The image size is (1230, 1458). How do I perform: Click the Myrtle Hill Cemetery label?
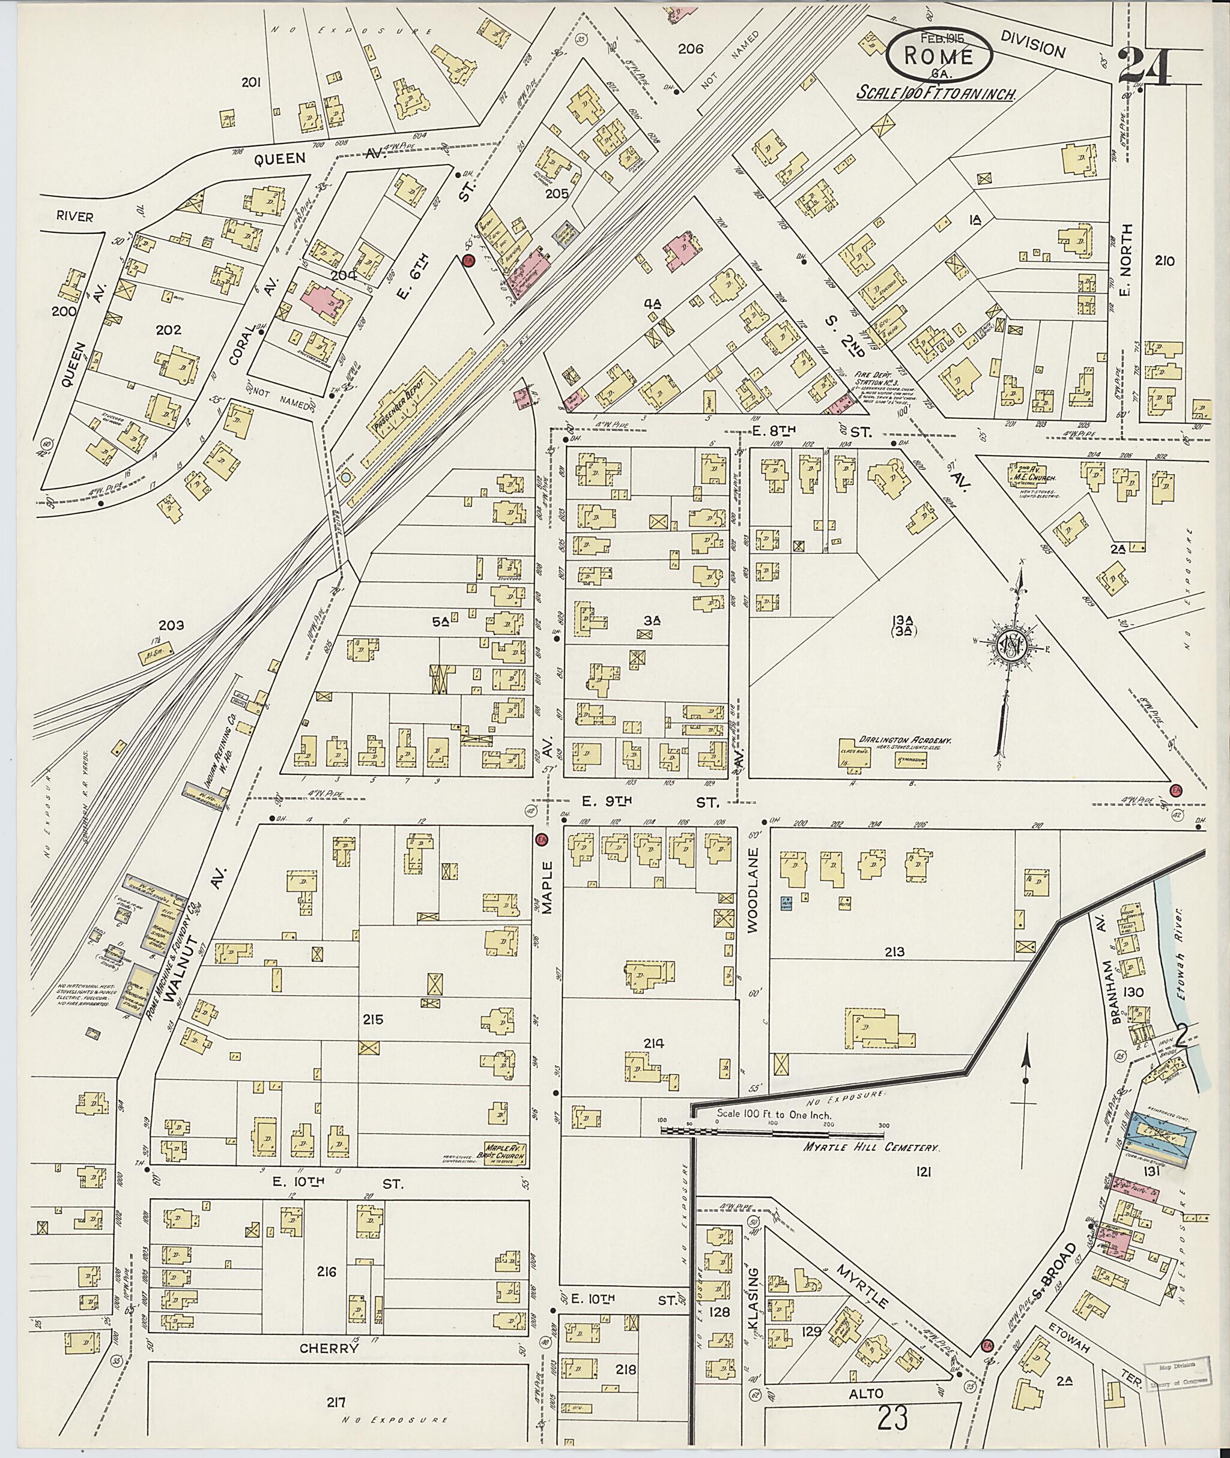[844, 1146]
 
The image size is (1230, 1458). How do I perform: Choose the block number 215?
[373, 1020]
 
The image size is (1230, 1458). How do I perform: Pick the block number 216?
[326, 1272]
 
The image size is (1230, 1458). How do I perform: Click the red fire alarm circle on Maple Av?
[541, 840]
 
